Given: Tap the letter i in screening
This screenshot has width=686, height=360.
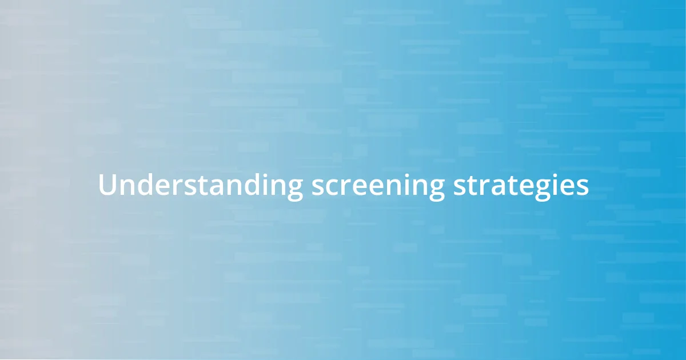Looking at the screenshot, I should coord(409,185).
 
